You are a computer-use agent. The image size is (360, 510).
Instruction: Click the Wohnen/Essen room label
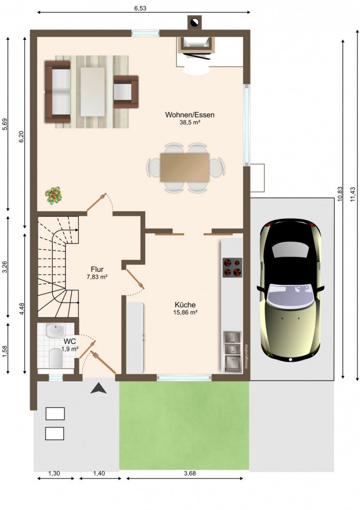(x=189, y=115)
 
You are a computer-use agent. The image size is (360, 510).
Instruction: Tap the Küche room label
(x=185, y=305)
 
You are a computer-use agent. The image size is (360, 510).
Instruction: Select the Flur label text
(x=97, y=269)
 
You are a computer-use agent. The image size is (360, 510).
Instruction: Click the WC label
(x=70, y=341)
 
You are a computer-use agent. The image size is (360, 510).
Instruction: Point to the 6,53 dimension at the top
(x=140, y=9)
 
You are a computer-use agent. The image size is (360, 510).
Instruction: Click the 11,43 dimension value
(x=353, y=194)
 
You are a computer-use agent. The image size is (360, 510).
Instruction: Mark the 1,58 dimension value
(x=5, y=351)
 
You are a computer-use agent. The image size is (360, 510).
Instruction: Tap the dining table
(x=185, y=168)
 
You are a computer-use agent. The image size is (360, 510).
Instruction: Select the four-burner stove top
(x=232, y=267)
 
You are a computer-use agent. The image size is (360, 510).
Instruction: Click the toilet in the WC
(x=56, y=358)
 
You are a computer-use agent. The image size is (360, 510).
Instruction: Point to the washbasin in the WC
(x=56, y=331)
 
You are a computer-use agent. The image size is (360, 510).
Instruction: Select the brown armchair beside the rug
(x=126, y=92)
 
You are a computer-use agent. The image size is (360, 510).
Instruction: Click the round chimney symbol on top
(x=194, y=22)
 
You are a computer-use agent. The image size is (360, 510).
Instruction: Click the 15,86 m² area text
(x=185, y=313)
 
